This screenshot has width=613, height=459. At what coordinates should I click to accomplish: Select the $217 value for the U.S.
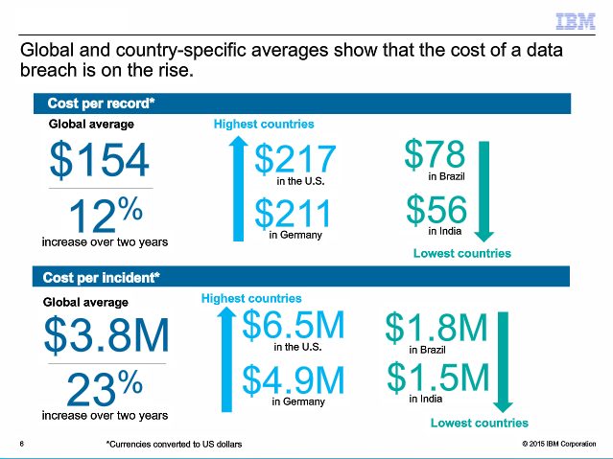[x=295, y=160]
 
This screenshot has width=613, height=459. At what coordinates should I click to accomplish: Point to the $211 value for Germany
[x=295, y=214]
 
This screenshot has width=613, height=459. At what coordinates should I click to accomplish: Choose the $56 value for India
[x=436, y=209]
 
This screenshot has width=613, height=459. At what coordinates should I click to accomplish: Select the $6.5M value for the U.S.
[x=293, y=326]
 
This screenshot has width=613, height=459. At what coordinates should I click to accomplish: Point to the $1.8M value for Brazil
[x=436, y=329]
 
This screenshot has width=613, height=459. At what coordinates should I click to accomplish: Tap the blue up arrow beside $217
[x=238, y=187]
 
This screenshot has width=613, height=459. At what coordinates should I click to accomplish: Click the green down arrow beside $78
[x=483, y=190]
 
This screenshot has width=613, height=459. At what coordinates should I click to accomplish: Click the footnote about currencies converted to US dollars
[x=174, y=445]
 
